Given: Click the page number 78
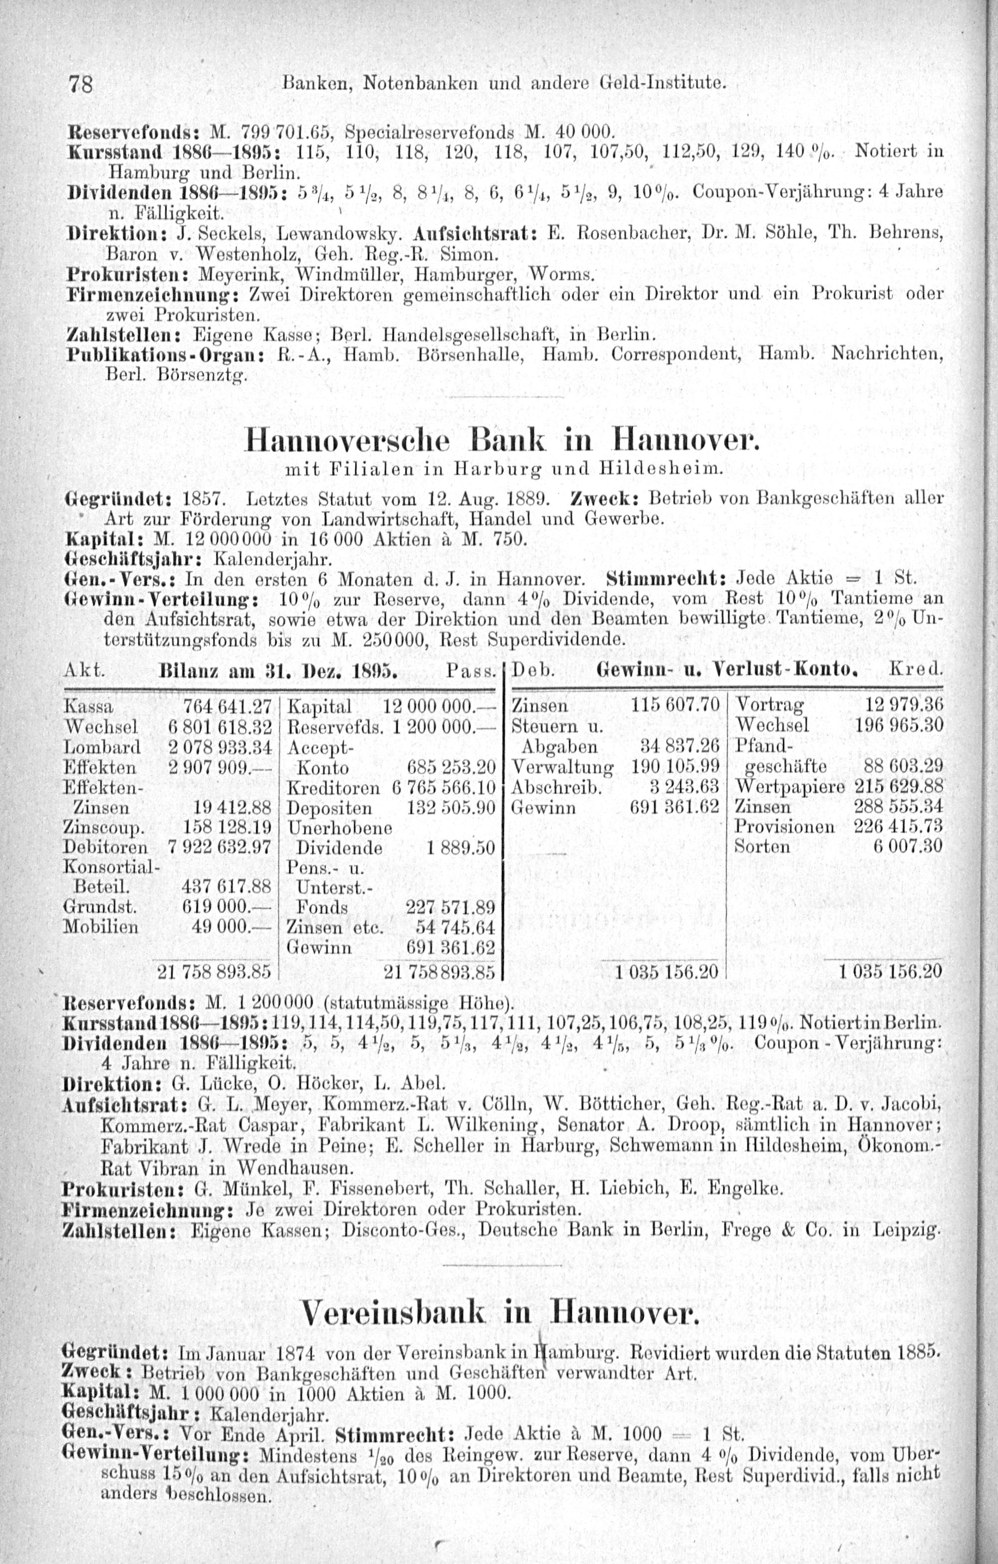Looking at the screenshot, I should [82, 84].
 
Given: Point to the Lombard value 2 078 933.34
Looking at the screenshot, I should [220, 747].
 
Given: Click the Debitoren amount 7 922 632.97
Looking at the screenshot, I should [220, 847].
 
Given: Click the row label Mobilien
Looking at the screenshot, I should [101, 927].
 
